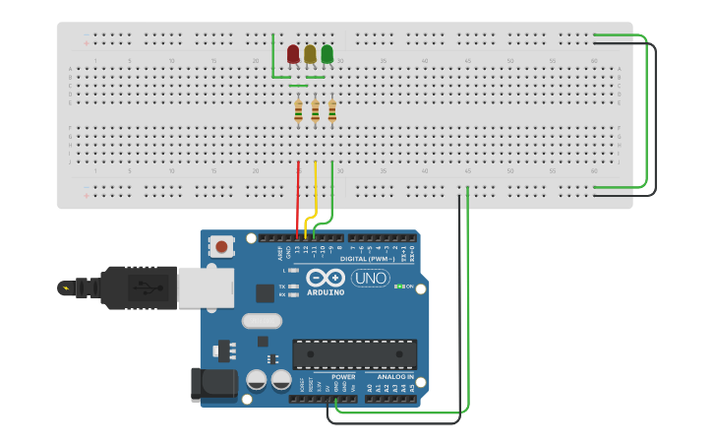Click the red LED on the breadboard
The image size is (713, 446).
pos(293,54)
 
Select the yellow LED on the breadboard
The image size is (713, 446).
pos(310,54)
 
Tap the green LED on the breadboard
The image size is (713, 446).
pos(327,54)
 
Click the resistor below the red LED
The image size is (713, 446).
pos(298,112)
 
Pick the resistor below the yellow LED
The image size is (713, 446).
pos(315,112)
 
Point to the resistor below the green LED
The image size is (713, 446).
pos(331,112)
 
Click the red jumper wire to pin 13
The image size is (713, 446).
pos(297,197)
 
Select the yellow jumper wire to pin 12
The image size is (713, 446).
pos(315,192)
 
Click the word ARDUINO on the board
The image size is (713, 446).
pos(326,292)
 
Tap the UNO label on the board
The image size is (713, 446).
pos(370,279)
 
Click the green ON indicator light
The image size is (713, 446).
pos(398,287)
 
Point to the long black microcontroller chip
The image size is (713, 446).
pos(354,354)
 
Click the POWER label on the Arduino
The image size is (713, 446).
pos(343,376)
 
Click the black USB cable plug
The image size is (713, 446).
pos(128,287)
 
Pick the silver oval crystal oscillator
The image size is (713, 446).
pos(262,320)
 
